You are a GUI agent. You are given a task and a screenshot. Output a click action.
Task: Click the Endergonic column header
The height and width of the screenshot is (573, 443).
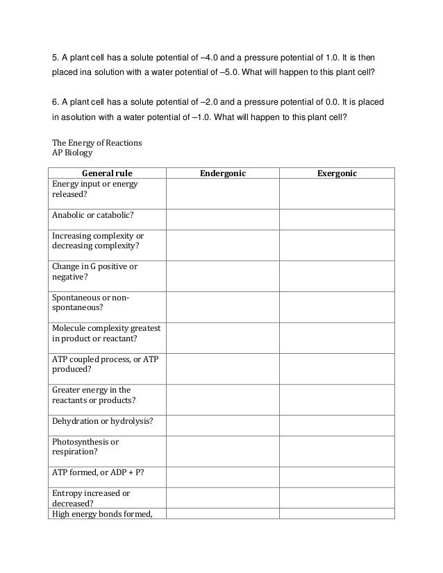(x=223, y=173)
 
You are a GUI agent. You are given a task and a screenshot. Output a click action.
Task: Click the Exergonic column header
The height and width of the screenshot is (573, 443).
(x=336, y=173)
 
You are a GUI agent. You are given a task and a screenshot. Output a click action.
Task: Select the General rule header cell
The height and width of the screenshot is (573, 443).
(x=107, y=173)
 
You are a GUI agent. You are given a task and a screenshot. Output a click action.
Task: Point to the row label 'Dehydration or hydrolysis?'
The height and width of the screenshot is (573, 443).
(x=103, y=421)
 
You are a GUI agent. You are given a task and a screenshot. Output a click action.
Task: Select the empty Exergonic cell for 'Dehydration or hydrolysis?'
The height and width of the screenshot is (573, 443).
(x=336, y=421)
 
